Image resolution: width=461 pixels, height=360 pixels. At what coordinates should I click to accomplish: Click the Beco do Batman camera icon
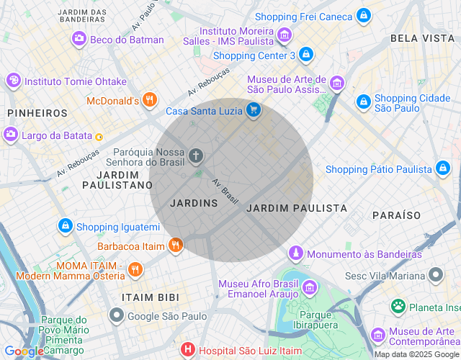pos(79,40)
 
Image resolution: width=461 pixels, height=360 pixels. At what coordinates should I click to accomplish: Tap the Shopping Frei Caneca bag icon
pos(364,16)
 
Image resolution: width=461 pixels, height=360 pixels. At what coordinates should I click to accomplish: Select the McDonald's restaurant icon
pos(149,101)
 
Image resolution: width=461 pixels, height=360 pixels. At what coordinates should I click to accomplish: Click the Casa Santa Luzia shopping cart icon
pos(253,110)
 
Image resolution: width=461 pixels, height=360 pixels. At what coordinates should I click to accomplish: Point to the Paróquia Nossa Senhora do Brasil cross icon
pos(195,156)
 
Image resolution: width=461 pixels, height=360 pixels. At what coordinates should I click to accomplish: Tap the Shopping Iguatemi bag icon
pos(66,226)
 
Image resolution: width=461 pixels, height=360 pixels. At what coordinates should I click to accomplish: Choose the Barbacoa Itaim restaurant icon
pos(175,246)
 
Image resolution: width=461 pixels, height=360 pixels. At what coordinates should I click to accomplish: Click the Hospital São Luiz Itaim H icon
pos(188,349)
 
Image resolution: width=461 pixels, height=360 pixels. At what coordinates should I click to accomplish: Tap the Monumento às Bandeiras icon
pos(295,253)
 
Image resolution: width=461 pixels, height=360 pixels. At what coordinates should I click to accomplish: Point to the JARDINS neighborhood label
pos(194,203)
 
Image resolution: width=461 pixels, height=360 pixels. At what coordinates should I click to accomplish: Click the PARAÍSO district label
pos(396,215)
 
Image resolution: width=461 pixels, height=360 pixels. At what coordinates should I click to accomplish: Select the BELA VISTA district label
pos(417,37)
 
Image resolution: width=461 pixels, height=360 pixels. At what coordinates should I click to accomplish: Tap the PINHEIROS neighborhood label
pos(37,113)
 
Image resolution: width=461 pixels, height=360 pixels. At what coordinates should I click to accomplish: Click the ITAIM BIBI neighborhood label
pos(149,297)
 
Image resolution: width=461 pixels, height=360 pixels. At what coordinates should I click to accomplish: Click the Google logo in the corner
pos(23,351)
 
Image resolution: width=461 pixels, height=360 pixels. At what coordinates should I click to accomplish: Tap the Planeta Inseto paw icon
pos(398,307)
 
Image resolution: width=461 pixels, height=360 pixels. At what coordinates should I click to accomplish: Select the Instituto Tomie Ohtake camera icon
pos(13,81)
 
